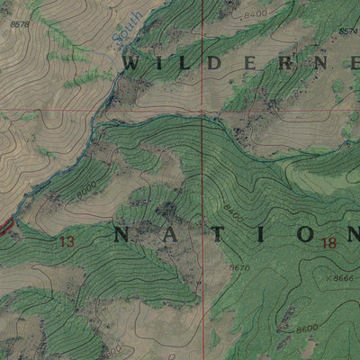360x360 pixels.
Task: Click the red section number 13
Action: point(66,241)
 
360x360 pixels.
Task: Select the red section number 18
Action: point(327,241)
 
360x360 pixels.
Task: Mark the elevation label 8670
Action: point(239,268)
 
